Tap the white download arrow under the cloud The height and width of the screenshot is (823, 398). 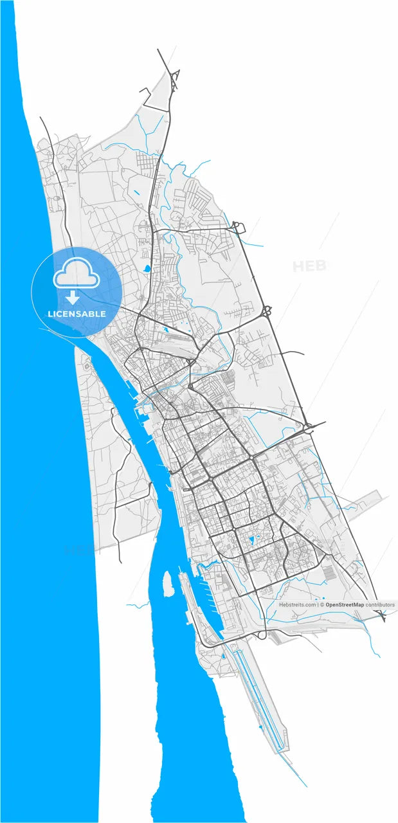tap(73, 298)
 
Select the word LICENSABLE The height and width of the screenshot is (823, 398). tap(77, 314)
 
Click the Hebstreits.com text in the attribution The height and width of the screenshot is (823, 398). tap(297, 605)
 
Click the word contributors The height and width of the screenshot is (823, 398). tap(380, 605)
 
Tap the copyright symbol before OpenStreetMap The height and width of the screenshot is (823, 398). tap(322, 605)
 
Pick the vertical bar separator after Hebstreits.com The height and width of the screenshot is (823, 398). tap(318, 605)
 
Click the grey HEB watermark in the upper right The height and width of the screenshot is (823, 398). tap(309, 266)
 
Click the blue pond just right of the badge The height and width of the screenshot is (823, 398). tap(146, 268)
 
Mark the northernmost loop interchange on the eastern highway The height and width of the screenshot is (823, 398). tap(238, 226)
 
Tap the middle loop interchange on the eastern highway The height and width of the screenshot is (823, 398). tap(266, 312)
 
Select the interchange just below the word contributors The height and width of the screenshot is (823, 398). tap(382, 616)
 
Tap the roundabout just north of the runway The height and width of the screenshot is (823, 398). tap(261, 635)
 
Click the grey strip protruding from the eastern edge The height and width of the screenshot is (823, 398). tap(366, 498)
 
